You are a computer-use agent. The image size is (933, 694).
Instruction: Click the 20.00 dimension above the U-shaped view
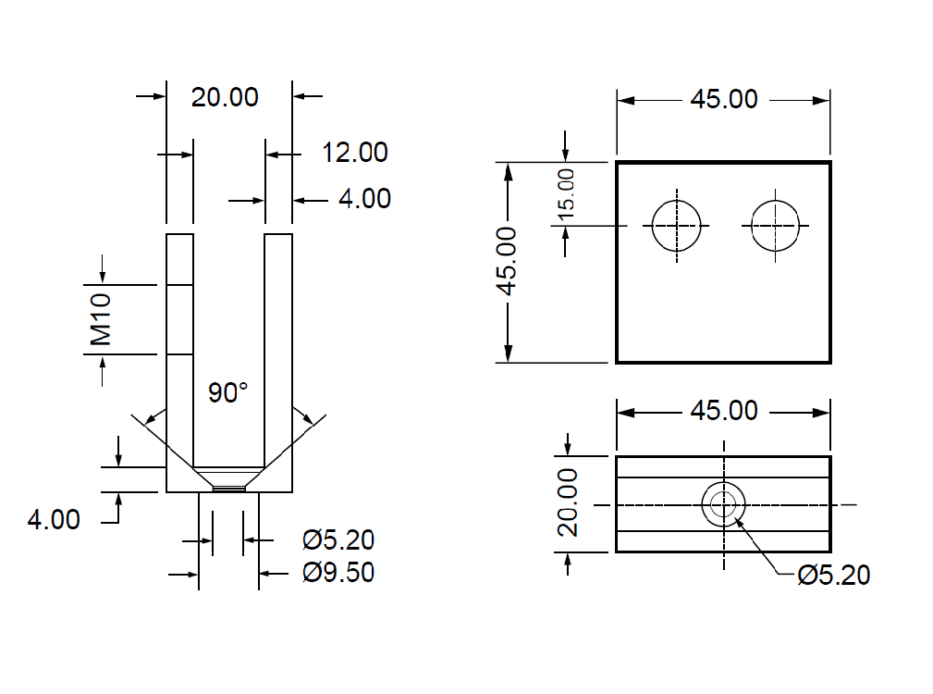click(225, 96)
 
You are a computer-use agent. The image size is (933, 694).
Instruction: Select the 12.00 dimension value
click(354, 153)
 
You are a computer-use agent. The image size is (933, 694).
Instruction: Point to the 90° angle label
click(227, 393)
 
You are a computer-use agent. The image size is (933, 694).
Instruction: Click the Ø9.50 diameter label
click(338, 573)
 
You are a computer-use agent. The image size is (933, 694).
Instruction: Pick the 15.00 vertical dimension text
click(566, 192)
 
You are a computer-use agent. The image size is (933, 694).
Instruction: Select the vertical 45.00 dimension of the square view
click(507, 261)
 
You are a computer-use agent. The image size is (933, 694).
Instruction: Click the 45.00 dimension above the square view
click(724, 99)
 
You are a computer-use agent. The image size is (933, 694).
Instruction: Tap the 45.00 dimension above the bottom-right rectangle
click(724, 410)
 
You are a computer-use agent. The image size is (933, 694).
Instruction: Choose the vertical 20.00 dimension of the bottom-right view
click(568, 502)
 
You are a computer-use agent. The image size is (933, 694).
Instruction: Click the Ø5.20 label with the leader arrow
click(833, 576)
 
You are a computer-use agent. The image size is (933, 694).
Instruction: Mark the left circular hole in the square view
click(677, 225)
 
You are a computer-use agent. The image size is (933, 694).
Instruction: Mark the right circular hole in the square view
click(776, 225)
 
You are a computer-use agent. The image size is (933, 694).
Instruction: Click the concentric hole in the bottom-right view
click(723, 504)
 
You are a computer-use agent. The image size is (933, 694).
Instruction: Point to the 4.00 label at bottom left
click(54, 520)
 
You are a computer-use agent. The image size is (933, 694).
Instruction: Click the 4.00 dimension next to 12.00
click(364, 199)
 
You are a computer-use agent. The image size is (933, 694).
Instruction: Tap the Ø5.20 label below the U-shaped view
click(338, 539)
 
